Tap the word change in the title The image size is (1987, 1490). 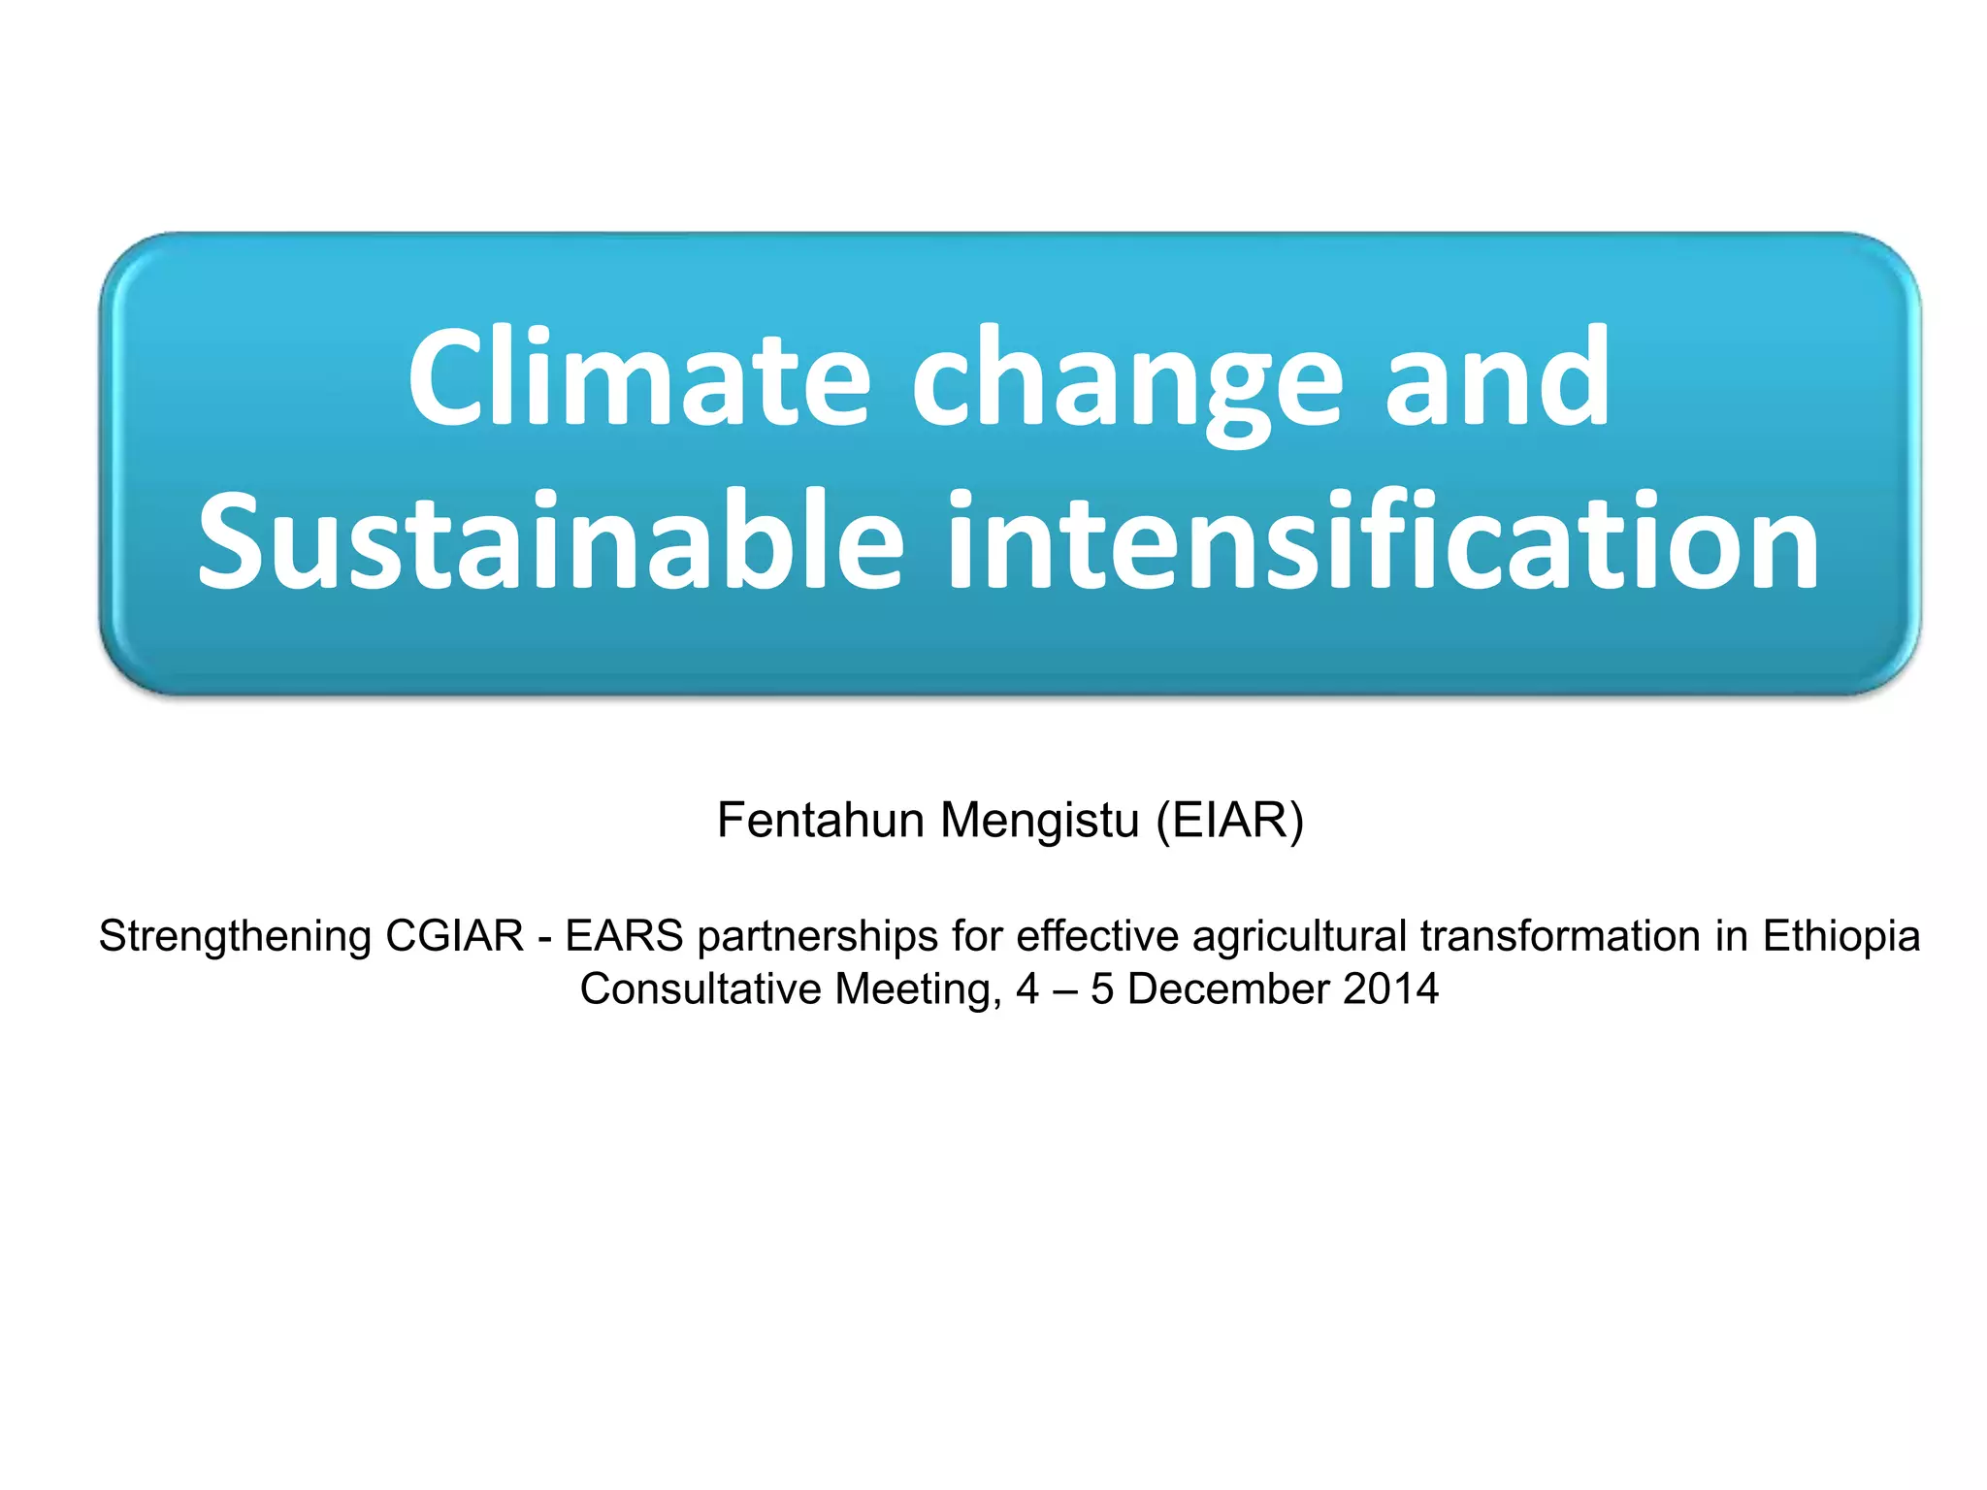click(1126, 380)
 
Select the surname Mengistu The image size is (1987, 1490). click(1039, 822)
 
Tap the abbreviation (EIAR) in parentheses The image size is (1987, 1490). click(1229, 821)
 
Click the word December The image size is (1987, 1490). click(1227, 989)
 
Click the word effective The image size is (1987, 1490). click(1097, 936)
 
